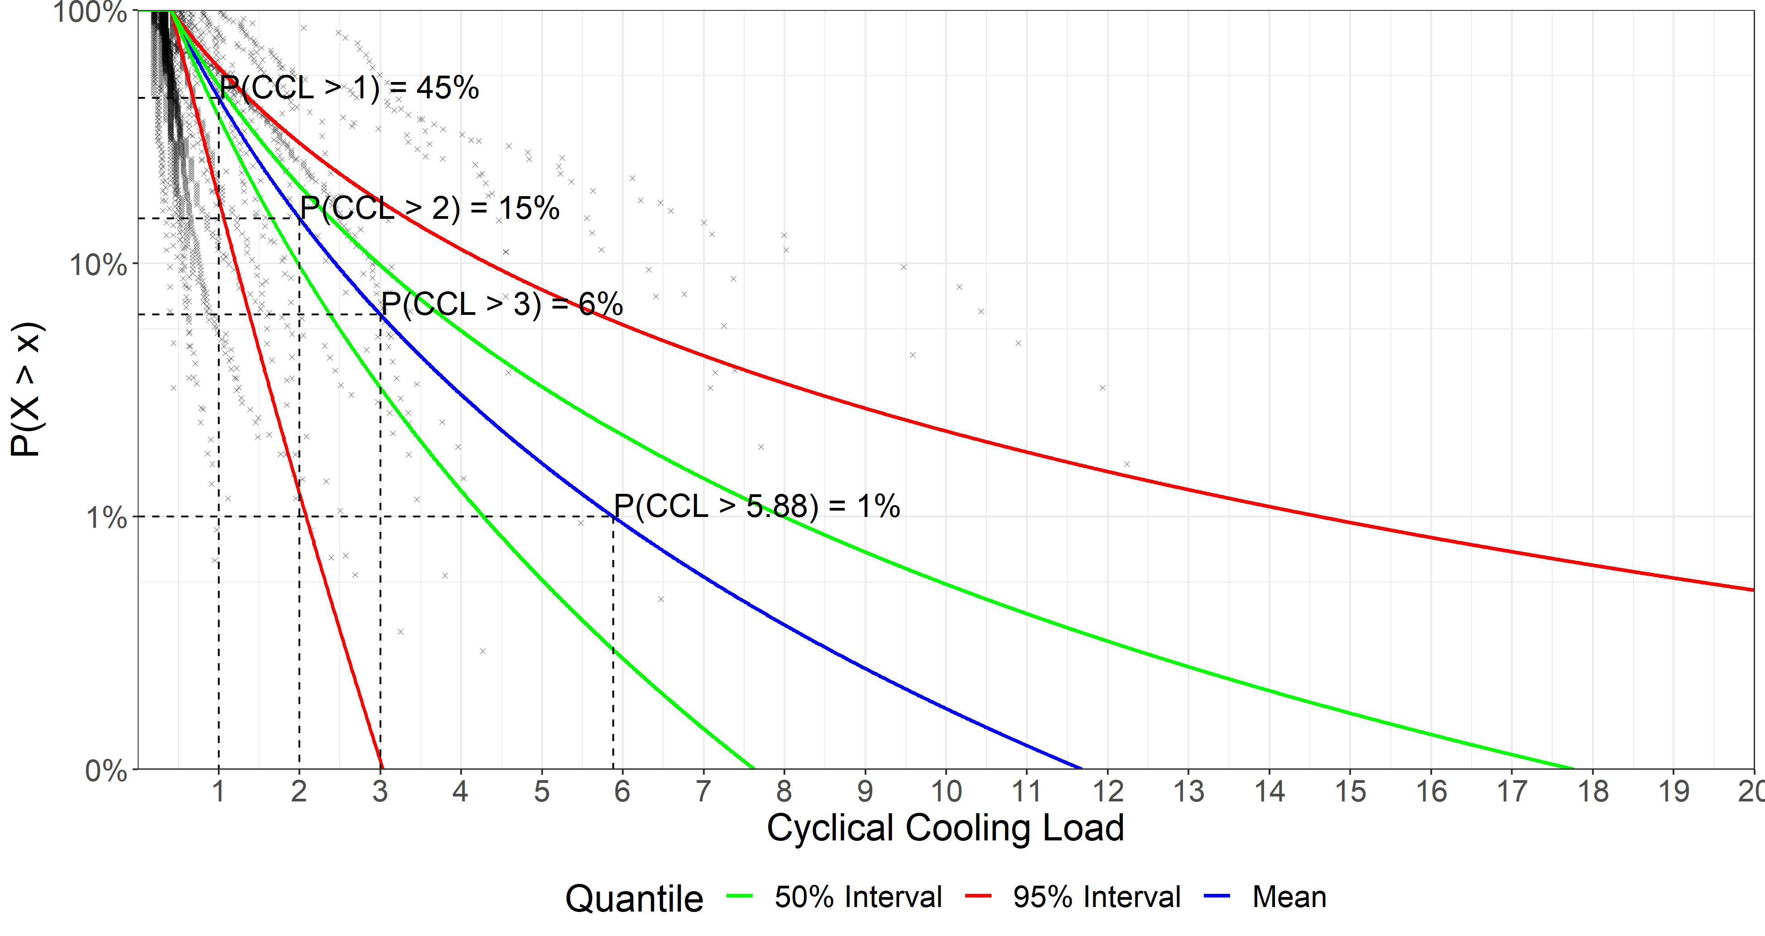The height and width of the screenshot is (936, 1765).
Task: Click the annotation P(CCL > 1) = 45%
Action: (350, 88)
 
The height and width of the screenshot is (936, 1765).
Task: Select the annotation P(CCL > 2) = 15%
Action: (430, 208)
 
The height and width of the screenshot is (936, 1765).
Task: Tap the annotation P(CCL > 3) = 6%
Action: (501, 304)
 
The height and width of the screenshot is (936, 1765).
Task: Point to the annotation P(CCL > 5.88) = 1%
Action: (756, 507)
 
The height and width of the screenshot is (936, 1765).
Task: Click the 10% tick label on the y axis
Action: (98, 265)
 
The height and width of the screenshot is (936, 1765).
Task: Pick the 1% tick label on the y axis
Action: (106, 518)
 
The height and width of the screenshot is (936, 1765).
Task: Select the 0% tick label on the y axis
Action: (106, 771)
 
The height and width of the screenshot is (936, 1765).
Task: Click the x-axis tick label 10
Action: (946, 792)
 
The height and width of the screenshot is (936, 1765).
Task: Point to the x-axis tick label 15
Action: (1351, 792)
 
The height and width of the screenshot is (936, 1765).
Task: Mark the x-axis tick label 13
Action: (1189, 792)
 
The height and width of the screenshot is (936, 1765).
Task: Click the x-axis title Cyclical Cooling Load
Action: (946, 827)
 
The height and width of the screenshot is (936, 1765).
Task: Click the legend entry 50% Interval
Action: (858, 897)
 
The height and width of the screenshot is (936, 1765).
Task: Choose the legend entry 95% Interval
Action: (1096, 897)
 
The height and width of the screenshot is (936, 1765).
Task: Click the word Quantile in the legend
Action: (634, 898)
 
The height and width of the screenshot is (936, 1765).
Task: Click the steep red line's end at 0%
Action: (382, 767)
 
